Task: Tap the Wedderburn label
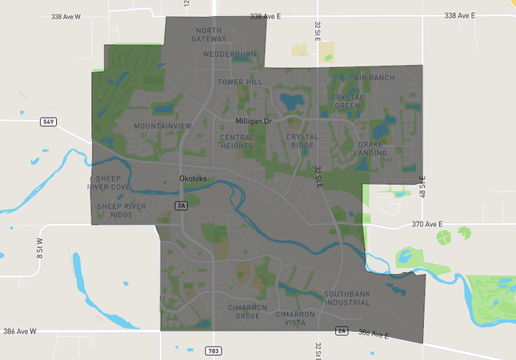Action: [x=230, y=54]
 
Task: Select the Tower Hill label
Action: [x=240, y=82]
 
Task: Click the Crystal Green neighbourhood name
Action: [x=347, y=102]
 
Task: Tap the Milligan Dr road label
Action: [x=254, y=121]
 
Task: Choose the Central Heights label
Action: [x=237, y=142]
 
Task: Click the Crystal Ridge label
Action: [x=302, y=142]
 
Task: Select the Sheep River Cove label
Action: [x=113, y=182]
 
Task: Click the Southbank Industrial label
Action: [x=347, y=298]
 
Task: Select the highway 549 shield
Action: [x=49, y=122]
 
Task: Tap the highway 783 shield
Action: [x=214, y=350]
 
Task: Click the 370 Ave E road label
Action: [x=427, y=225]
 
